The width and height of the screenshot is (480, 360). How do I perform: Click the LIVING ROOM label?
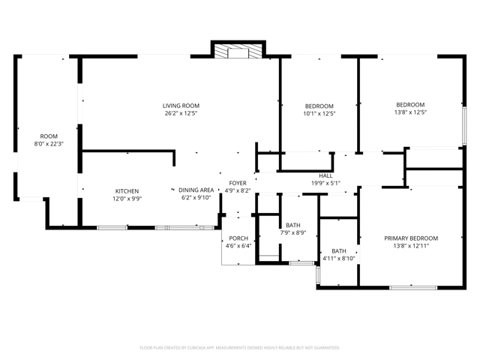pyautogui.click(x=181, y=106)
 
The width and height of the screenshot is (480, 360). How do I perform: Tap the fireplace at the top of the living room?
pyautogui.click(x=237, y=51)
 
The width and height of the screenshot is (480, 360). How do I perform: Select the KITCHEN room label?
pyautogui.click(x=127, y=190)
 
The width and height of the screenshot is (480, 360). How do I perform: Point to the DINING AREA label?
pyautogui.click(x=196, y=190)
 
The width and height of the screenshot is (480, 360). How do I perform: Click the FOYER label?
pyautogui.click(x=238, y=183)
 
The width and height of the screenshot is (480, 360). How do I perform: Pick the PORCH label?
pyautogui.click(x=238, y=238)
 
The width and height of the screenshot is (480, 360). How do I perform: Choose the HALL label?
pyautogui.click(x=325, y=175)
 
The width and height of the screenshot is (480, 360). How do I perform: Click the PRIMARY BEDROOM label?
pyautogui.click(x=411, y=238)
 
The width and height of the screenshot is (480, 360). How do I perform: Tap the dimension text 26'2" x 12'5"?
pyautogui.click(x=181, y=114)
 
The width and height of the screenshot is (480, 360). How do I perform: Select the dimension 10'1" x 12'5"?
pyautogui.click(x=319, y=114)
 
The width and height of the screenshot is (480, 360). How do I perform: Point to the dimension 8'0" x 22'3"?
pyautogui.click(x=49, y=143)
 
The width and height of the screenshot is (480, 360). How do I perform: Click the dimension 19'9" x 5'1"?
pyautogui.click(x=325, y=183)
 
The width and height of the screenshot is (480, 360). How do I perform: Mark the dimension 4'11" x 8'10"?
pyautogui.click(x=339, y=259)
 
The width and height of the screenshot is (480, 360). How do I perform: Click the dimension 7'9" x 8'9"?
pyautogui.click(x=292, y=233)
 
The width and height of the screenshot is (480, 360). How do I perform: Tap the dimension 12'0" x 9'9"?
pyautogui.click(x=127, y=199)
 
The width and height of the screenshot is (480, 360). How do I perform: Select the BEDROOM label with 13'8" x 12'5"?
pyautogui.click(x=410, y=105)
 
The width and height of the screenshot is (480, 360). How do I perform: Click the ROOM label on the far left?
pyautogui.click(x=49, y=136)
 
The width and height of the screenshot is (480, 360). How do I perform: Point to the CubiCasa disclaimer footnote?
pyautogui.click(x=240, y=348)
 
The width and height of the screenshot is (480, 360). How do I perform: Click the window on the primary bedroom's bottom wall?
pyautogui.click(x=412, y=286)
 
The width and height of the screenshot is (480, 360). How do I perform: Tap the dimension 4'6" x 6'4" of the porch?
pyautogui.click(x=238, y=245)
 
